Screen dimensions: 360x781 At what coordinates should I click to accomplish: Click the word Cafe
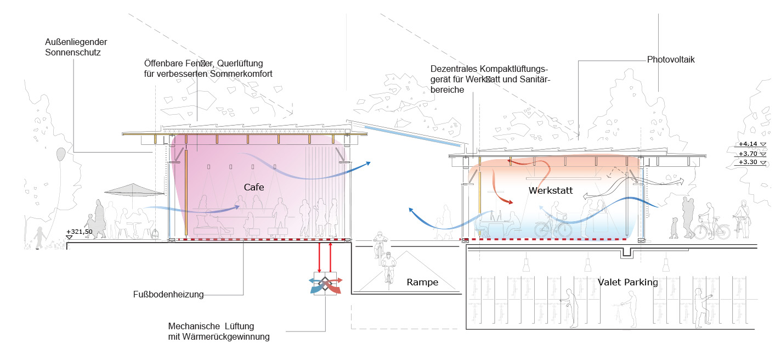point(254,187)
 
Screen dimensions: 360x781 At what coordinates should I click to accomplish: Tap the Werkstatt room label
point(551,191)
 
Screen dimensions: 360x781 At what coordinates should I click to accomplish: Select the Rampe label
point(422,283)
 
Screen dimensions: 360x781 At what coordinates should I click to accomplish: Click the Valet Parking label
point(628,282)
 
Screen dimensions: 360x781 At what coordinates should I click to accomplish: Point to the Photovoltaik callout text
point(671,59)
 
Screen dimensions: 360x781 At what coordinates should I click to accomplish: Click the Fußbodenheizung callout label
point(168,295)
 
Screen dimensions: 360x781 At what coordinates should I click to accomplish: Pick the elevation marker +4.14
point(748,144)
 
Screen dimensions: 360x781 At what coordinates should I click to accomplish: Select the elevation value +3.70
point(748,154)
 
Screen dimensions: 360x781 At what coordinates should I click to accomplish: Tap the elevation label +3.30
point(748,162)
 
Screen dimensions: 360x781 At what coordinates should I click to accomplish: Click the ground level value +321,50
point(79,232)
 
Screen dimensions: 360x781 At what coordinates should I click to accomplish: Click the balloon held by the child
point(60,155)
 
